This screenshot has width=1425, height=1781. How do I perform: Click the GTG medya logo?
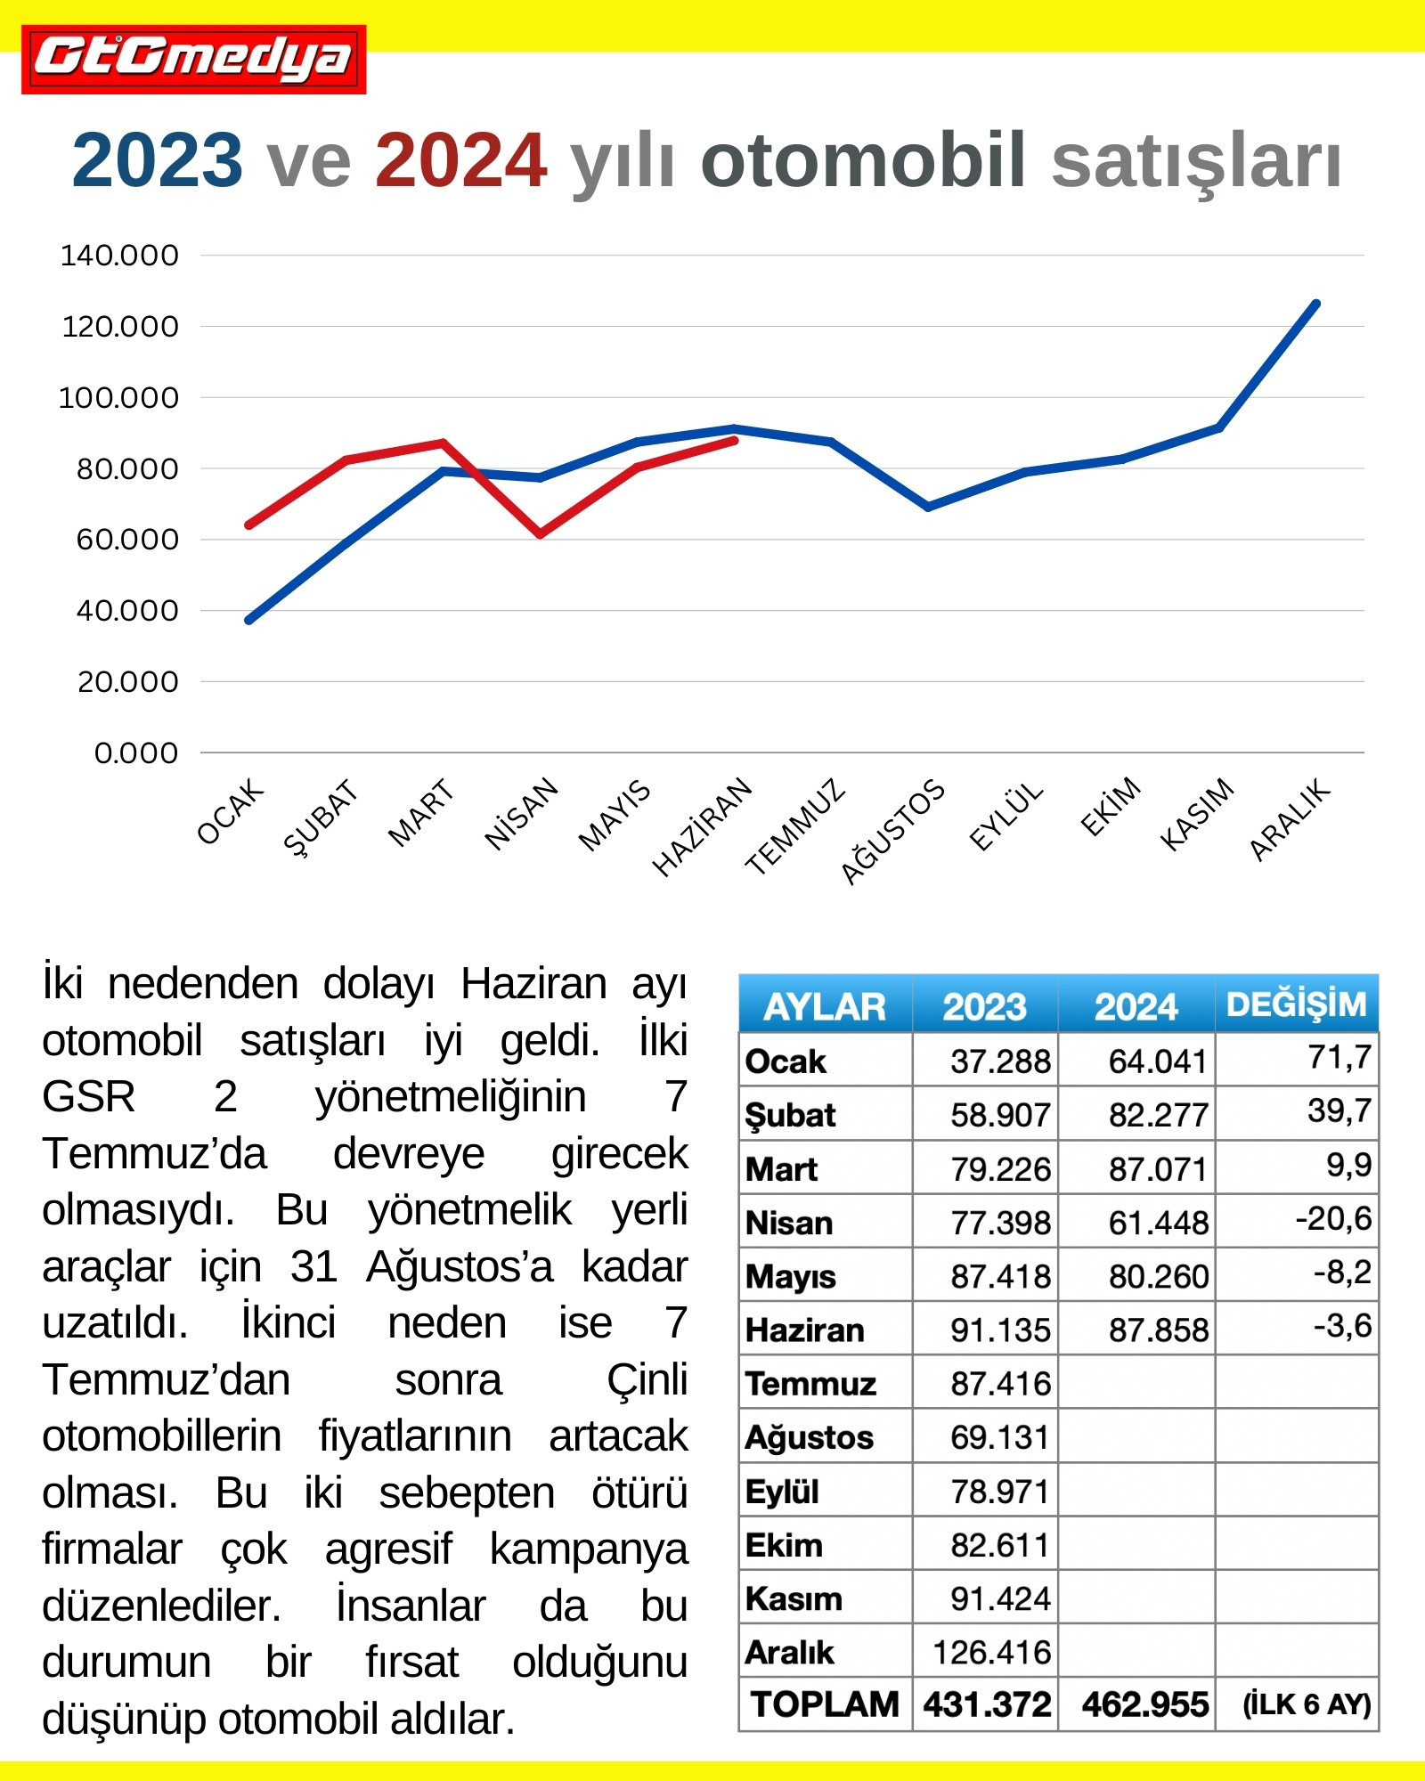[193, 59]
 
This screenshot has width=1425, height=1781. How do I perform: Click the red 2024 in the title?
[460, 161]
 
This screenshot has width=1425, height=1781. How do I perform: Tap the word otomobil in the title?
[863, 161]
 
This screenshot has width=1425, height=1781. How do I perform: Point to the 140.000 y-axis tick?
[119, 256]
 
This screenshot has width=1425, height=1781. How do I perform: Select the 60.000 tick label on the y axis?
[126, 540]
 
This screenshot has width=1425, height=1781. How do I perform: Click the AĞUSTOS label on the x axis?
[892, 831]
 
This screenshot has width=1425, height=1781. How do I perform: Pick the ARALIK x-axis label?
[1289, 819]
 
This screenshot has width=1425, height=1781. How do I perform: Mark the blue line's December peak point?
[1316, 304]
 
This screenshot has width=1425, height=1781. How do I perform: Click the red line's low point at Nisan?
[540, 534]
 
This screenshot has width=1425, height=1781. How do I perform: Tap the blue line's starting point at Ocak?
[248, 620]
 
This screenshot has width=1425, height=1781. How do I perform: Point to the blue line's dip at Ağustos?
[928, 507]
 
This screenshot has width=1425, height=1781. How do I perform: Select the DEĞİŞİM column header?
[1296, 1004]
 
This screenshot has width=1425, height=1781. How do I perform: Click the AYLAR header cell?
[825, 1006]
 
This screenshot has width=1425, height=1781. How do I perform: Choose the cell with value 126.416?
[991, 1653]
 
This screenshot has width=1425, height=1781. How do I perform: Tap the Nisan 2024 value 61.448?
[1158, 1223]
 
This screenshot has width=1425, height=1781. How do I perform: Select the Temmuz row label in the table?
[810, 1384]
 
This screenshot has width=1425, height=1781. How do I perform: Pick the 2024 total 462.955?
[1144, 1704]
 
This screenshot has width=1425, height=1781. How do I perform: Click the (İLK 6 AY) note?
[1306, 1704]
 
